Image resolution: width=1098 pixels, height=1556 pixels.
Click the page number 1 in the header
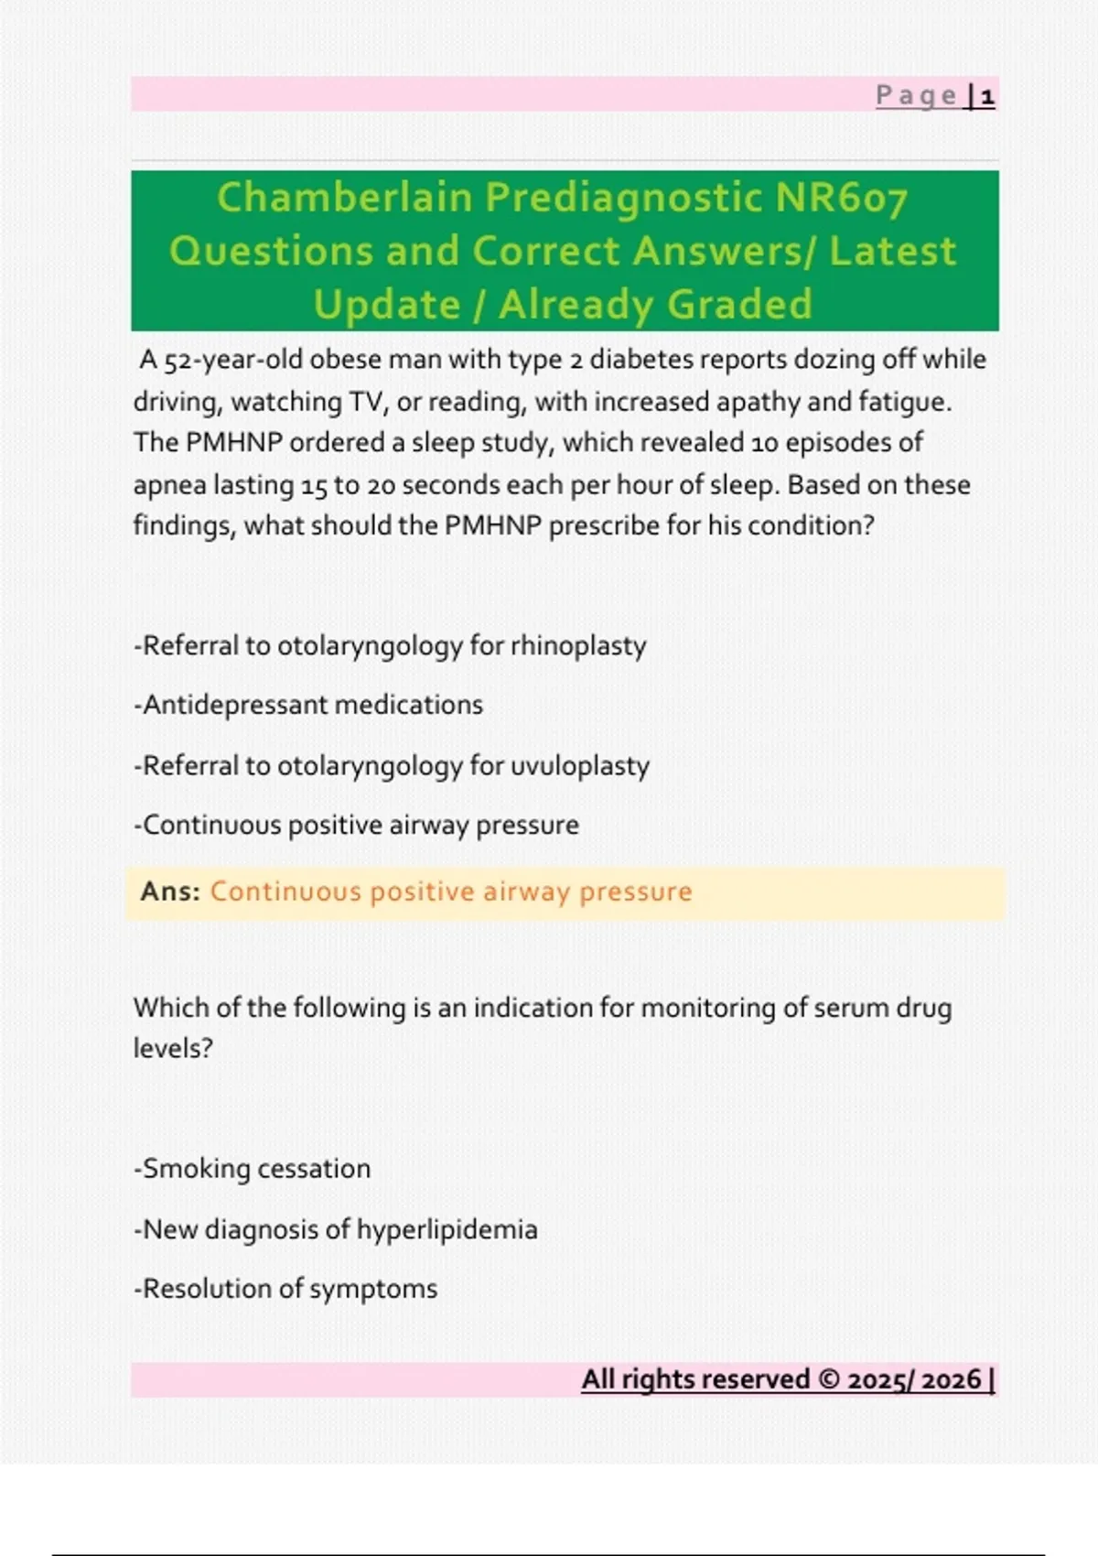pyautogui.click(x=987, y=96)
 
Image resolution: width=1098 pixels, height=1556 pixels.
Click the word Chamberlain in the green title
pyautogui.click(x=344, y=198)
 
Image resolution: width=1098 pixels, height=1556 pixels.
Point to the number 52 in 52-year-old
pyautogui.click(x=178, y=360)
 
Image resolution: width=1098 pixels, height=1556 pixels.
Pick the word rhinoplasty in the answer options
pyautogui.click(x=578, y=646)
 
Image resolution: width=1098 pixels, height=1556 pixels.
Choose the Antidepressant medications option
pyautogui.click(x=308, y=705)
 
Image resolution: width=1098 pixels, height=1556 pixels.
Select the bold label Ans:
pyautogui.click(x=170, y=891)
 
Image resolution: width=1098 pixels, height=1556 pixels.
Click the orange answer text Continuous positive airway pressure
pyautogui.click(x=451, y=891)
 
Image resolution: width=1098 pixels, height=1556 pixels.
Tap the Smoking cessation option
pyautogui.click(x=253, y=1169)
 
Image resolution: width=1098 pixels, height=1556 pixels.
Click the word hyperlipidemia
pyautogui.click(x=447, y=1229)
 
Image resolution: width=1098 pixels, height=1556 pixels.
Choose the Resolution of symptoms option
pyautogui.click(x=285, y=1289)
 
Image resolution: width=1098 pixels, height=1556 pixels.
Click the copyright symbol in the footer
pyautogui.click(x=828, y=1379)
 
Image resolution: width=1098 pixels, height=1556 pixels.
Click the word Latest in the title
pyautogui.click(x=892, y=252)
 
